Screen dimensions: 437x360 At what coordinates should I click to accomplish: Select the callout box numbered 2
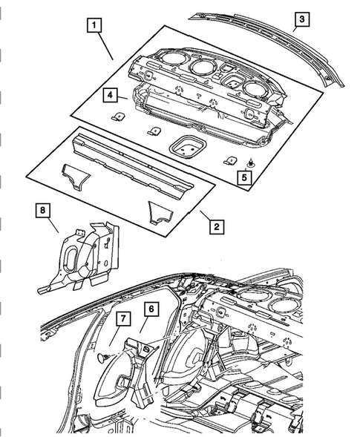coord(215,226)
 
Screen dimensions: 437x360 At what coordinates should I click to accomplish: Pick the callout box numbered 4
coord(108,95)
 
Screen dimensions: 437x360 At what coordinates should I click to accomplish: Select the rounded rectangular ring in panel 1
coord(184,147)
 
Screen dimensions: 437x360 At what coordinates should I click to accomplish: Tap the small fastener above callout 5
coord(252,162)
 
